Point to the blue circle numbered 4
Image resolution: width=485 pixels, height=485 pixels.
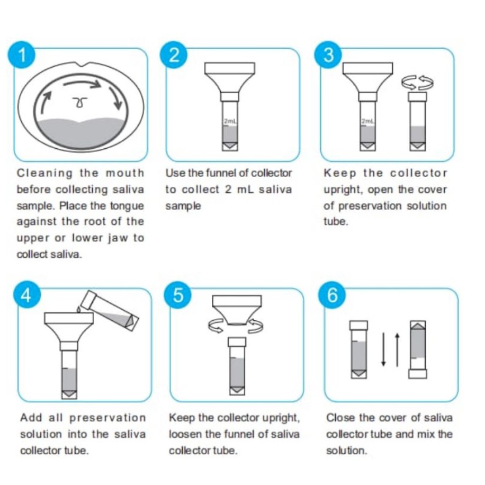27,295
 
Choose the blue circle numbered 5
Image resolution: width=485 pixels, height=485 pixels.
178,295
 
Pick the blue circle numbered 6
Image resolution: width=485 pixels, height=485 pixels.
332,295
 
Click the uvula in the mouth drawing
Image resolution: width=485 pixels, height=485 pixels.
80,102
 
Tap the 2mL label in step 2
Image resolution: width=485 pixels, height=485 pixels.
230,122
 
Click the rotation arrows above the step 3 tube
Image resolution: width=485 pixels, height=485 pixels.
417,82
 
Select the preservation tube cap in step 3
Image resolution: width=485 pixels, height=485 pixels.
417,97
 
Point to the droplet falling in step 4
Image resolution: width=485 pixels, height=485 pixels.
78,310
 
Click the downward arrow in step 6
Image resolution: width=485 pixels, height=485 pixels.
383,349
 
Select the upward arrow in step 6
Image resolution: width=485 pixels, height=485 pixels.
398,349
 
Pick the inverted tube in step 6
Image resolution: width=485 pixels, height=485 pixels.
418,349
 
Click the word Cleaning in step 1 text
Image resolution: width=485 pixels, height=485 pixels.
44,173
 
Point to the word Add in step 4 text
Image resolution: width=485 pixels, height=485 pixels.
31,418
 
